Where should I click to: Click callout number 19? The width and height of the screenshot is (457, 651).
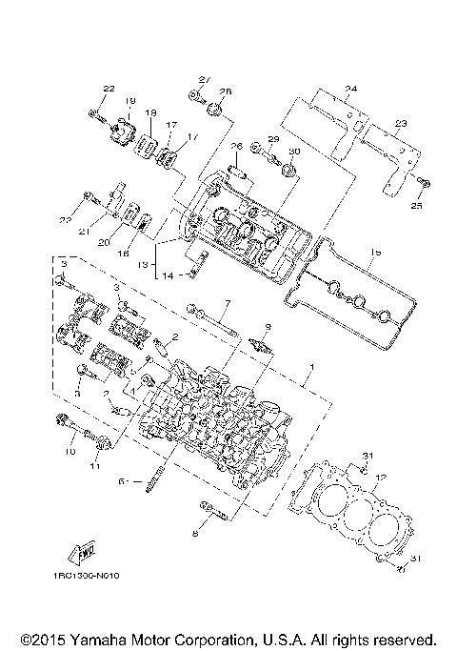point(129,101)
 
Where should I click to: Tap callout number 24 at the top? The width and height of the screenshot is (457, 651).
point(350,89)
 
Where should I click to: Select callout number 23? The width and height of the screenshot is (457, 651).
point(401,123)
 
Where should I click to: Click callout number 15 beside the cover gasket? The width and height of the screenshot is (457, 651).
point(375,253)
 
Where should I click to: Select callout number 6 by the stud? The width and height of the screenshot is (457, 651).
point(121,482)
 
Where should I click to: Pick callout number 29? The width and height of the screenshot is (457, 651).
point(273,140)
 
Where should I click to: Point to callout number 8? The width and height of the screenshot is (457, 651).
point(194,535)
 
